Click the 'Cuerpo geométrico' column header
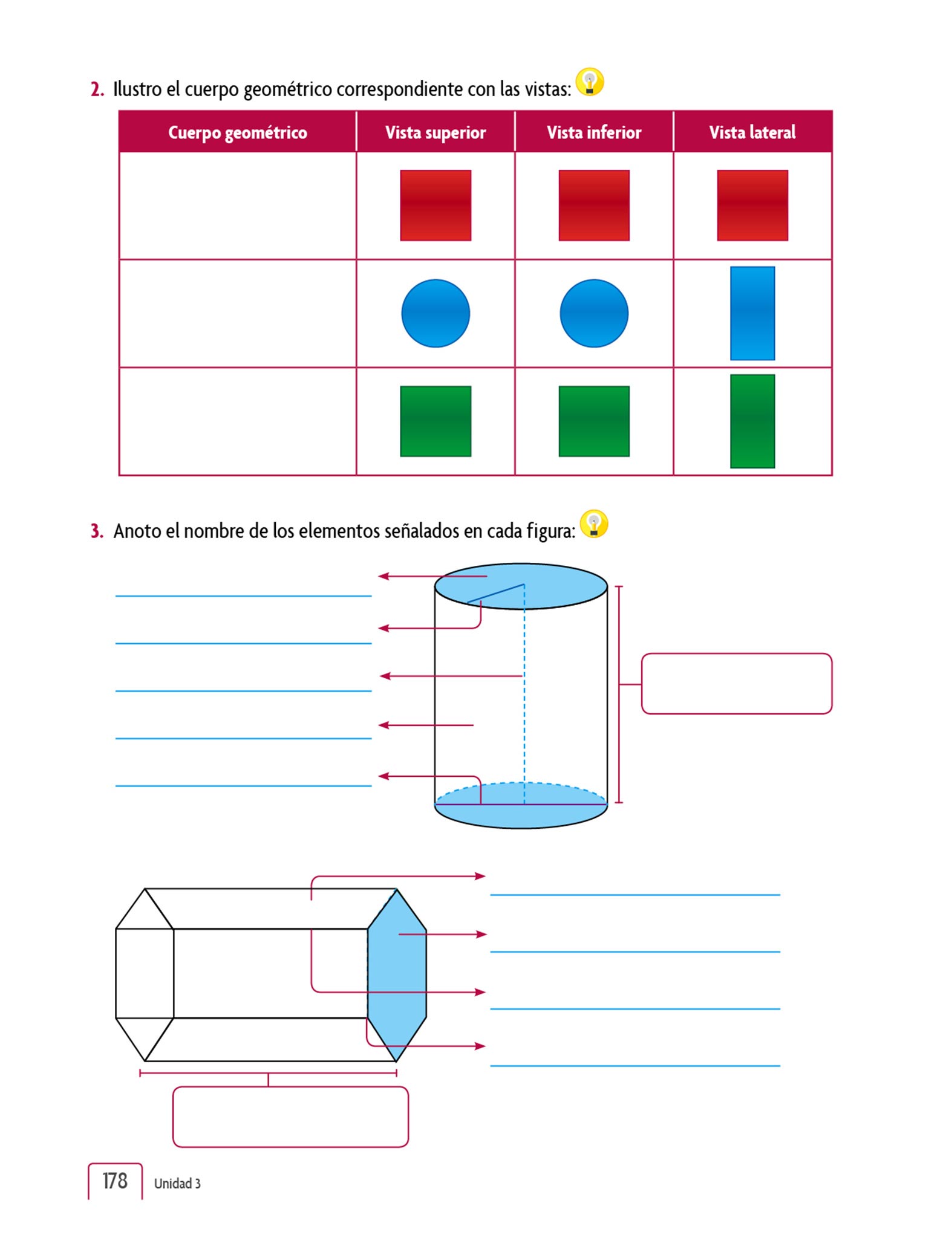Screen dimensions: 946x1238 click(237, 132)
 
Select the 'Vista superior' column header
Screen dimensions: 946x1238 click(435, 132)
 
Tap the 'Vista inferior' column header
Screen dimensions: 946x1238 click(594, 132)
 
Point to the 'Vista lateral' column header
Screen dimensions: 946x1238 click(752, 132)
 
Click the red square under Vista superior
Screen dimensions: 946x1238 click(435, 206)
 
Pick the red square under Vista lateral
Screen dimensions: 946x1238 click(752, 206)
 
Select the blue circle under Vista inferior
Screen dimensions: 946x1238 click(594, 313)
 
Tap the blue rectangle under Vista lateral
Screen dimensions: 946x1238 click(752, 313)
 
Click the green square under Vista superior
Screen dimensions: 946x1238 click(435, 421)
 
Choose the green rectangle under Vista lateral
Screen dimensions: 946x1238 click(752, 421)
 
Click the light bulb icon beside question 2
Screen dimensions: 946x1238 click(590, 82)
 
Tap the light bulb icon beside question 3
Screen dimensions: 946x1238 click(594, 524)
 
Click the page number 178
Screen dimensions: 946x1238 click(115, 1181)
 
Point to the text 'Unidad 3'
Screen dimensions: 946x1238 click(177, 1183)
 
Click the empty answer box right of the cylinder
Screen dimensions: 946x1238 click(737, 684)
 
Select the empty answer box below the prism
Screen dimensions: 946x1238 click(290, 1116)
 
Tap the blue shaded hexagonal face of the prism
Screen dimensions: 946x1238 click(397, 974)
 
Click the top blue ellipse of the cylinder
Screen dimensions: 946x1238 click(521, 586)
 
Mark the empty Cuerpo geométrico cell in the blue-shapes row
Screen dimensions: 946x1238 click(238, 313)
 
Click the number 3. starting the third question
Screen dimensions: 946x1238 click(97, 531)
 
